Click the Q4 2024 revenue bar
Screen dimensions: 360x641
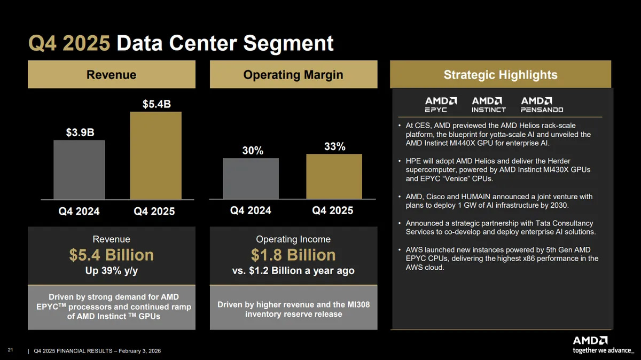click(79, 169)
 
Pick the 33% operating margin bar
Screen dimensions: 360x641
click(334, 176)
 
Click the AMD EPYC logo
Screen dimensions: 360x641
click(441, 105)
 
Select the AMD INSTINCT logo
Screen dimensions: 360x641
click(488, 105)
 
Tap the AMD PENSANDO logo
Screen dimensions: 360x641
click(542, 105)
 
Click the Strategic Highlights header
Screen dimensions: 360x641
click(501, 75)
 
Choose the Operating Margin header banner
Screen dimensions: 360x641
click(293, 75)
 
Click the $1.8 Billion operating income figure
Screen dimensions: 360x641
click(293, 255)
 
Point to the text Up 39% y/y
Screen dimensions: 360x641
click(111, 271)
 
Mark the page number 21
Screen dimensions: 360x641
click(10, 349)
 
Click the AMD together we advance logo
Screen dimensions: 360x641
click(603, 345)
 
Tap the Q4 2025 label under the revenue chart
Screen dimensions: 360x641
click(154, 212)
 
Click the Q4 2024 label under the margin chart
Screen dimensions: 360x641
click(250, 210)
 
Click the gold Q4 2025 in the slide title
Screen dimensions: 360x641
click(69, 43)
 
